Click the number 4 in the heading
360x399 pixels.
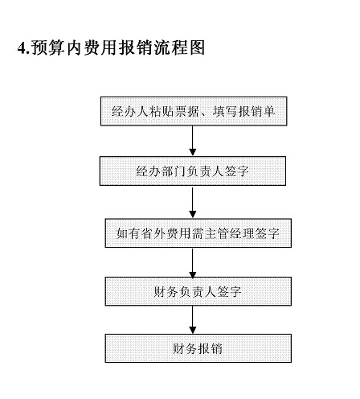pyautogui.click(x=22, y=48)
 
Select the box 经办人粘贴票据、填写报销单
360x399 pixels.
pyautogui.click(x=192, y=110)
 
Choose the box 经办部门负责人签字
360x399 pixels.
pyautogui.click(x=192, y=171)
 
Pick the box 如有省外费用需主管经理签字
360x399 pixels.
pyautogui.click(x=192, y=234)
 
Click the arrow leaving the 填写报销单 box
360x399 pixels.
pyautogui.click(x=192, y=140)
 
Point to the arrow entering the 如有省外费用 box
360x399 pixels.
pyautogui.click(x=192, y=202)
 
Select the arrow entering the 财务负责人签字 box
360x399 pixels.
pyautogui.click(x=192, y=263)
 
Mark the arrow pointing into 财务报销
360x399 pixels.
pyautogui.click(x=192, y=320)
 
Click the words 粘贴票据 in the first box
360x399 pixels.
pyautogui.click(x=176, y=110)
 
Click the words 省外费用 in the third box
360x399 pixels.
pyautogui.click(x=161, y=234)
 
